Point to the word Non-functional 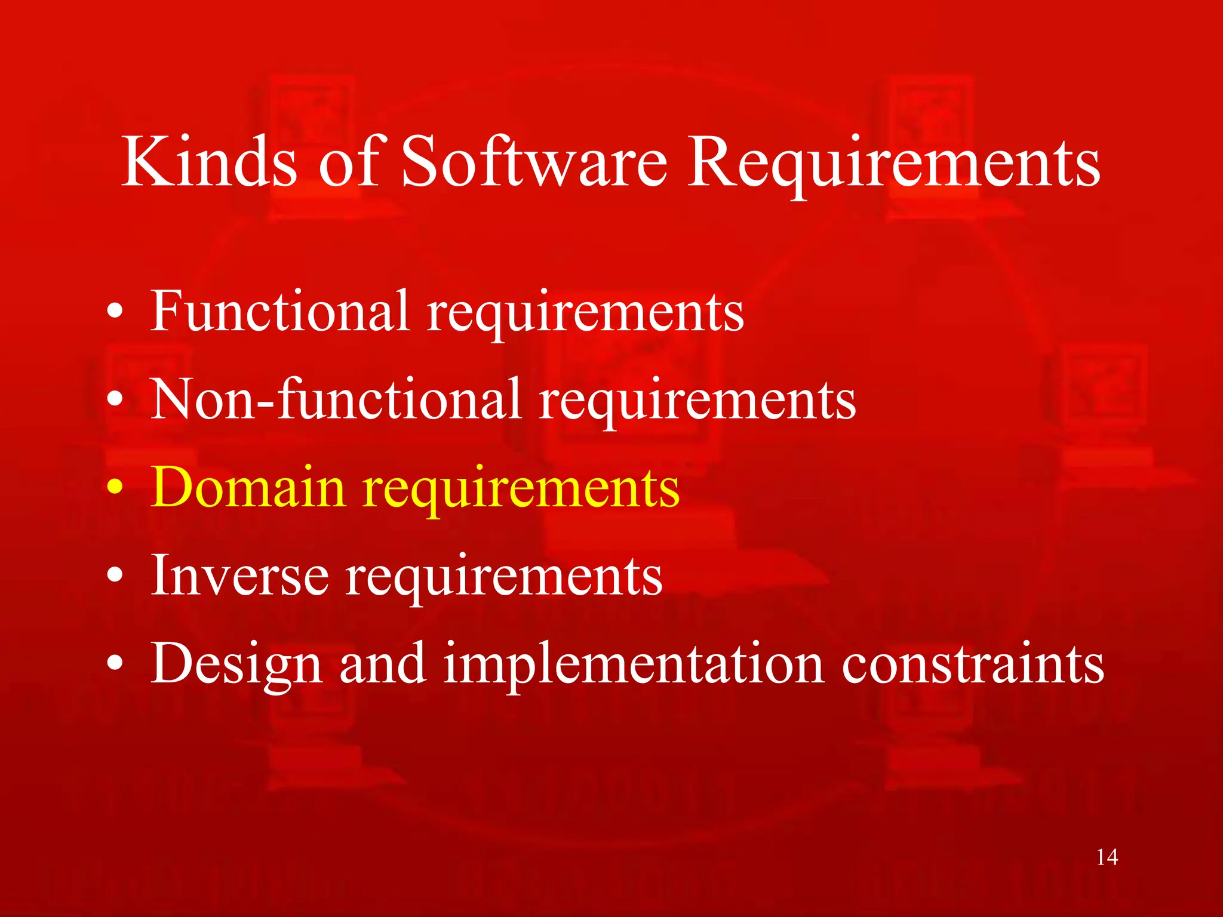coord(336,399)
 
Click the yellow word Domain coord(248,487)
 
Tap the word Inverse coord(239,575)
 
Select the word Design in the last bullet coord(236,664)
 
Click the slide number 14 coord(1107,857)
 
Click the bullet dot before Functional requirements coord(115,312)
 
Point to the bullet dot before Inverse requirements coord(115,576)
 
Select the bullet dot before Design coord(115,664)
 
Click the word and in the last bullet coord(383,664)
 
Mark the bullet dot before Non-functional coord(115,399)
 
